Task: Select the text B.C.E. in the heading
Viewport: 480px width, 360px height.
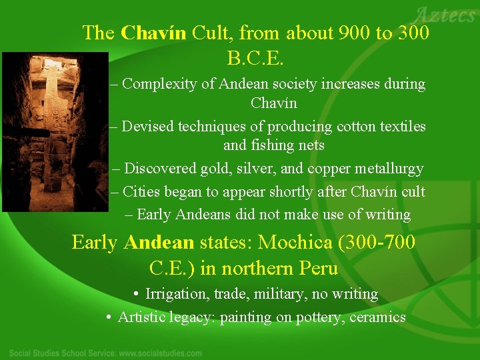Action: pos(256,59)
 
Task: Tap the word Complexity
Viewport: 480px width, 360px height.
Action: pos(161,85)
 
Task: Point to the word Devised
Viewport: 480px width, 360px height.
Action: pos(149,127)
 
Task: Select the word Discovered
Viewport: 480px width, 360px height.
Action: pos(161,169)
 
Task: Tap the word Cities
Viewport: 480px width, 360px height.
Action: pos(141,192)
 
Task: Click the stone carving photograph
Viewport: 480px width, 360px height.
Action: pos(54,133)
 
